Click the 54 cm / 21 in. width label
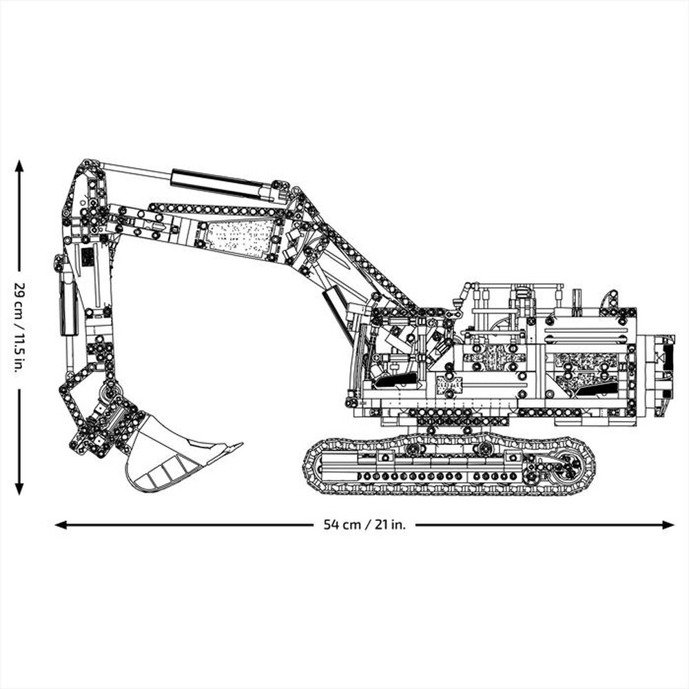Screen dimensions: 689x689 (x=364, y=525)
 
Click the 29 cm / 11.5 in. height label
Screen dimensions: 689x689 (x=19, y=327)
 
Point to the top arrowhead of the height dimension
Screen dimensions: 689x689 (x=19, y=166)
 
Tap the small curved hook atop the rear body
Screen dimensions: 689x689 (x=609, y=299)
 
